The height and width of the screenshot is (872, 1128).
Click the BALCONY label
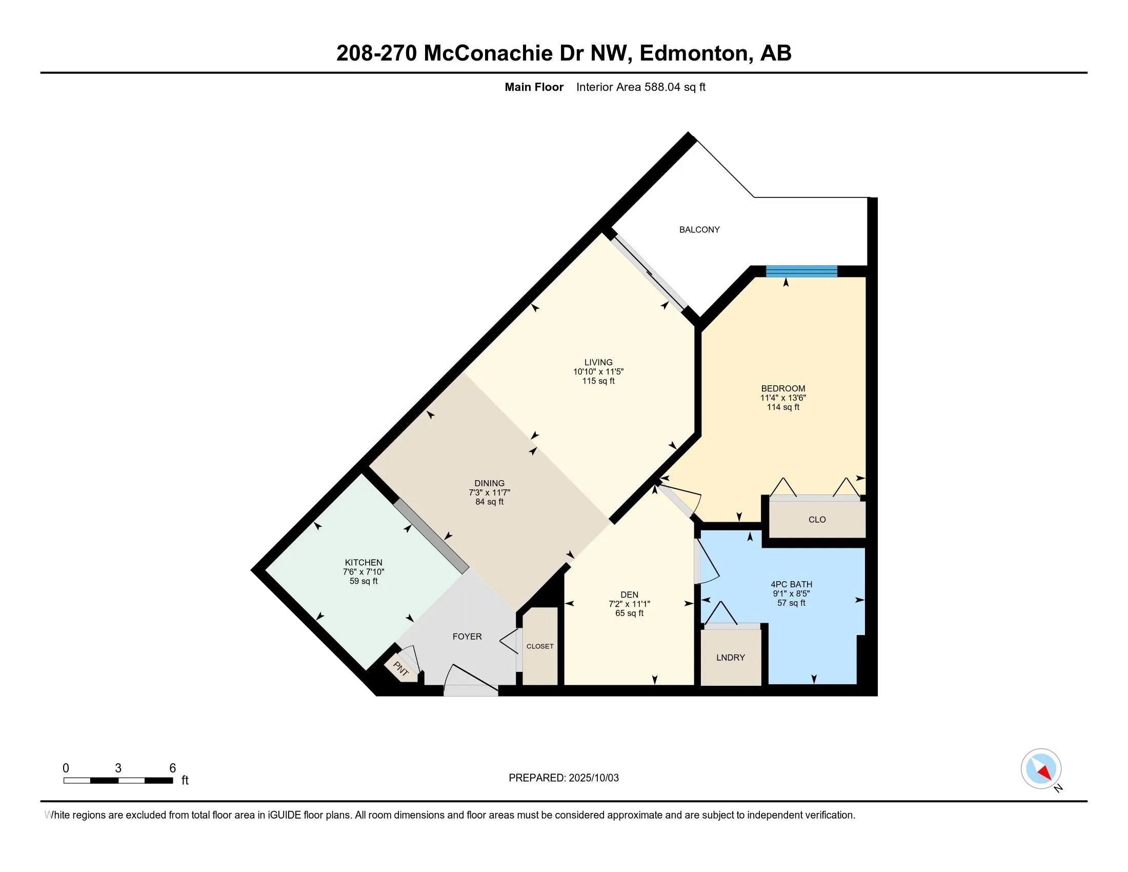point(699,229)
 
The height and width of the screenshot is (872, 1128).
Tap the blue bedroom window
point(801,271)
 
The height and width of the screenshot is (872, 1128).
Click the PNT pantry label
point(401,669)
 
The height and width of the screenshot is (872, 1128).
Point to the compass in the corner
point(1041,769)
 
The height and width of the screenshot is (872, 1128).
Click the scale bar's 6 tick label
point(172,768)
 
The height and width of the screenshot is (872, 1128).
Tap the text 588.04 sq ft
point(675,87)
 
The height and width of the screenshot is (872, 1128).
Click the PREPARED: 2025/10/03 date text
point(563,778)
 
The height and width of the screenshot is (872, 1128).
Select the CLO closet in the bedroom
point(817,519)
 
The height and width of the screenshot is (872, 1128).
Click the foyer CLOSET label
point(540,646)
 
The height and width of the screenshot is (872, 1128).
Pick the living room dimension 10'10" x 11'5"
point(598,372)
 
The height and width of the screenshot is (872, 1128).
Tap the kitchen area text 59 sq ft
point(364,581)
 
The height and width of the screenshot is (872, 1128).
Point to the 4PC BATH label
point(791,584)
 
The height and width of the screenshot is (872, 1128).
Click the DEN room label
point(630,594)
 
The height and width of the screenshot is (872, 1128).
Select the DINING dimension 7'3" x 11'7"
point(490,493)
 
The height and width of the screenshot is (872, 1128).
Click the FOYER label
point(467,637)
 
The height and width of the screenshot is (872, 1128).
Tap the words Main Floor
point(534,87)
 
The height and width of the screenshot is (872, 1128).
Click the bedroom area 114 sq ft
point(783,407)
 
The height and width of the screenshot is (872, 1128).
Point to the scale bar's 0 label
point(66,768)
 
